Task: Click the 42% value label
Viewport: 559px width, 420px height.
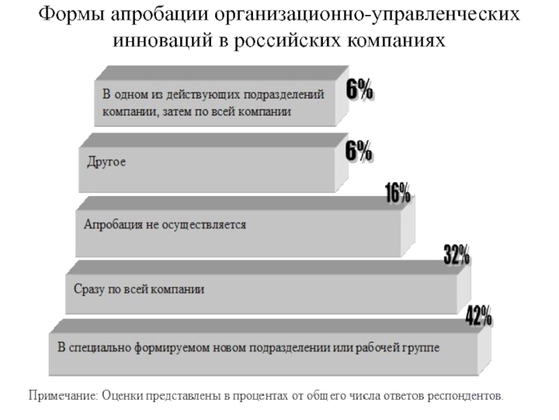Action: coord(479,316)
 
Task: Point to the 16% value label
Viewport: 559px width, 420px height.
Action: coord(398,194)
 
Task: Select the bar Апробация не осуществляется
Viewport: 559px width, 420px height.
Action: coord(238,226)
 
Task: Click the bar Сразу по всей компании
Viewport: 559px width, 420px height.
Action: coord(259,288)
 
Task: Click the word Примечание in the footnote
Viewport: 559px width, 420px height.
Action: coord(62,396)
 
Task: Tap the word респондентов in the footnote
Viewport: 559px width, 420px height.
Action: coord(467,396)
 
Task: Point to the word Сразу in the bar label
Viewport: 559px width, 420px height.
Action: coord(87,288)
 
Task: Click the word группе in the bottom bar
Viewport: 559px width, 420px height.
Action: coord(421,347)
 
